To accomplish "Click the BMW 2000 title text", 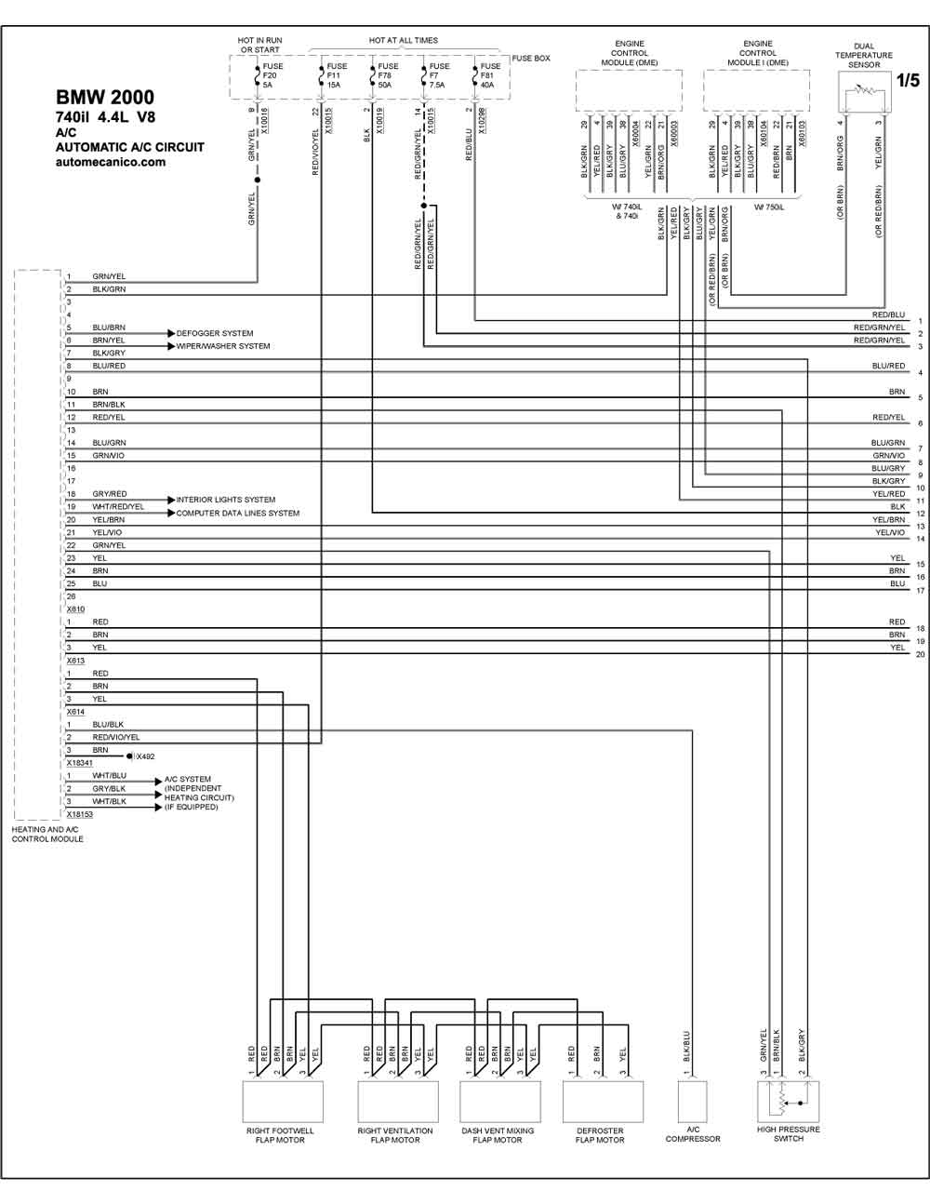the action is [104, 98].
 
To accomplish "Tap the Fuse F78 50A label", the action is [388, 75].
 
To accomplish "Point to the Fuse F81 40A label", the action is [490, 75].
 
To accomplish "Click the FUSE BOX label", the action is [531, 59].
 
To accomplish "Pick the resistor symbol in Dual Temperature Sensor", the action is [865, 88].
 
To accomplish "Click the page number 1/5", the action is [908, 80].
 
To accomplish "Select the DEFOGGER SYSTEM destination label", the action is [215, 333].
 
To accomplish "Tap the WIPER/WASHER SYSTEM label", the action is [223, 346].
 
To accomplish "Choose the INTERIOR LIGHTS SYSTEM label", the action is [226, 500].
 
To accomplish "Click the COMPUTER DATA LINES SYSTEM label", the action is [238, 513].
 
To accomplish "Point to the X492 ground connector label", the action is [146, 756].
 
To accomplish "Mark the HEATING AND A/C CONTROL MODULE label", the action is [47, 834].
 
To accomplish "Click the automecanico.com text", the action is [111, 162].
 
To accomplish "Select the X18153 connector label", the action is [80, 814].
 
